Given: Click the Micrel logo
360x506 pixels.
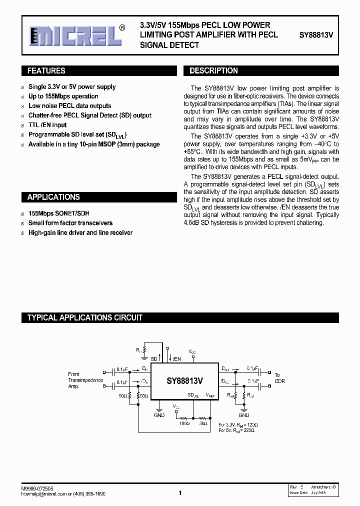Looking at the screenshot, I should click(75, 35).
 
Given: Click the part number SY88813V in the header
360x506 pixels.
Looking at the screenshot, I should click(316, 35).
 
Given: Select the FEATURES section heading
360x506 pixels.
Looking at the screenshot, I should click(46, 71).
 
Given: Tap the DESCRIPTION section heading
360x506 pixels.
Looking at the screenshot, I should click(213, 71).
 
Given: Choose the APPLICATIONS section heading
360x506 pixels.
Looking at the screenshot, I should click(53, 197).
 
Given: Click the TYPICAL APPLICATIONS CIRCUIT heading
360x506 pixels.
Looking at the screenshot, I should click(84, 317).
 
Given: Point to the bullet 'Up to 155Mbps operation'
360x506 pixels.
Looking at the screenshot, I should click(63, 96).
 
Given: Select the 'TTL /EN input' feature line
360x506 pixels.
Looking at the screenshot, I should click(47, 125).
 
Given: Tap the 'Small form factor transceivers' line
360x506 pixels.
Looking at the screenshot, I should click(70, 223).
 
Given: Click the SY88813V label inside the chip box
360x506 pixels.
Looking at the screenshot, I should click(184, 380).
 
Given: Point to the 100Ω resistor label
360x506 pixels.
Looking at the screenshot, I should click(185, 423).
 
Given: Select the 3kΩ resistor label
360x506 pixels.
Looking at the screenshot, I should click(203, 423).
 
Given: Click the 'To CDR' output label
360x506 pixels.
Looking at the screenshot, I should click(279, 378).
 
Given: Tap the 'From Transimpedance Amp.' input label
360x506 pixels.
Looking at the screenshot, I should click(85, 380).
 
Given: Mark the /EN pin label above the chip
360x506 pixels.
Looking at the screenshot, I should click(176, 359).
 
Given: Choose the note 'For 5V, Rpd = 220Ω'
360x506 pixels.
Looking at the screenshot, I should click(238, 429).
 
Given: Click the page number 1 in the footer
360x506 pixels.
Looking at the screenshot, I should click(179, 493).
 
